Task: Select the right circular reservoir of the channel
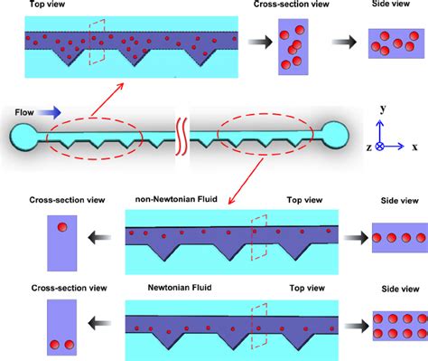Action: (x=336, y=136)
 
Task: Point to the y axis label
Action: (x=383, y=108)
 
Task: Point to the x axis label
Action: (x=414, y=146)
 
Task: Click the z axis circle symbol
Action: (x=380, y=145)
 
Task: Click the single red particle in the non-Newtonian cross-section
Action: (x=62, y=226)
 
